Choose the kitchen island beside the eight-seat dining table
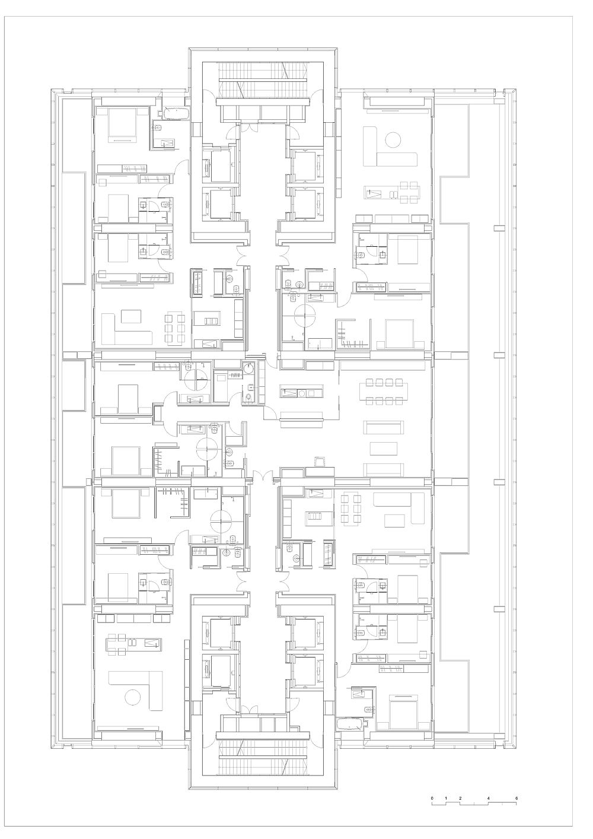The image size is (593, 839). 301,393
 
